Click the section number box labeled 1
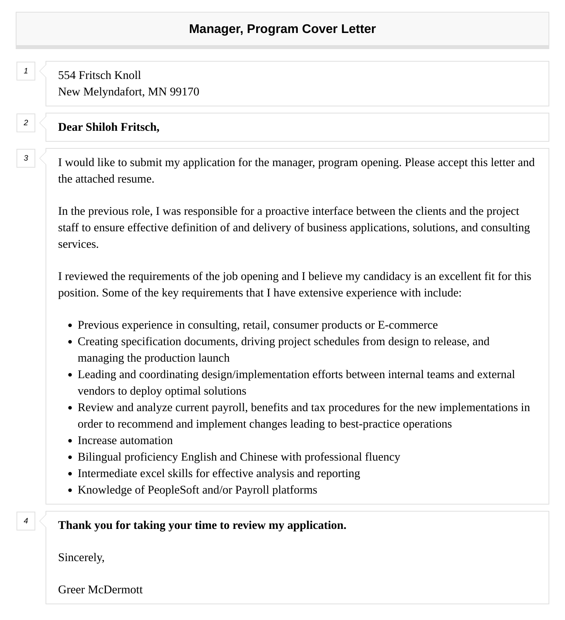(26, 71)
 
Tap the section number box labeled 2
(26, 123)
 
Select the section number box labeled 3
(26, 158)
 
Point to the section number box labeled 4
(26, 521)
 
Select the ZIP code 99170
(184, 92)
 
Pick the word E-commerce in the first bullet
(408, 325)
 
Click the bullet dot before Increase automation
(70, 441)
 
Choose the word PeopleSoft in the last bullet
(173, 490)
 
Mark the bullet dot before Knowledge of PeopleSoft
(70, 490)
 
